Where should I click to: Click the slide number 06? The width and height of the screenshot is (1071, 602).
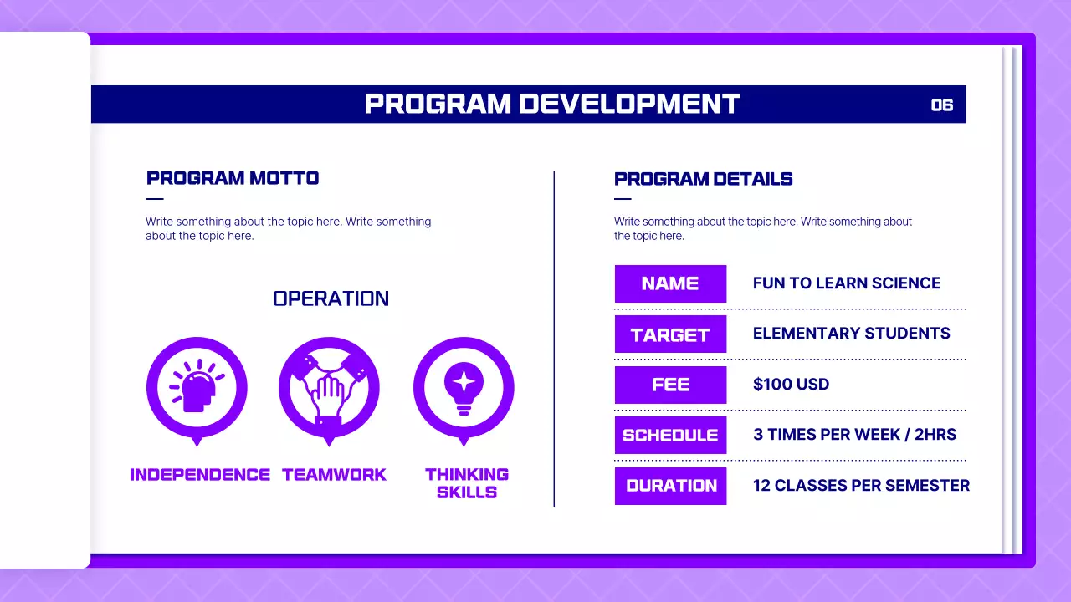click(942, 105)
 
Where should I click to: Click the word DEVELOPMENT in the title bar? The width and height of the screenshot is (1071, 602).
click(629, 104)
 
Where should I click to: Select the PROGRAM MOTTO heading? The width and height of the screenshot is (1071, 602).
click(233, 178)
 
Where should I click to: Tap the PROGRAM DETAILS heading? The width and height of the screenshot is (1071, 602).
click(703, 179)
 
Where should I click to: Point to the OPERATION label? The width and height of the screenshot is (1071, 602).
click(331, 298)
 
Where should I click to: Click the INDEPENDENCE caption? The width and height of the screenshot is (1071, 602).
click(200, 475)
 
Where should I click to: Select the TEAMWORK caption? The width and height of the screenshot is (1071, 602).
click(334, 475)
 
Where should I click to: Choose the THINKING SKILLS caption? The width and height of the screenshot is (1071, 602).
click(467, 483)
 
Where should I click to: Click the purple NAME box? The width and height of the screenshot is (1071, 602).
click(670, 283)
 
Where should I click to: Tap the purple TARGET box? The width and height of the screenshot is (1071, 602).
click(670, 334)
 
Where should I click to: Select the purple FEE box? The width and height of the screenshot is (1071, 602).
click(670, 385)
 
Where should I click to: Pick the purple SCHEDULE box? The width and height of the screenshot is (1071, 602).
click(670, 435)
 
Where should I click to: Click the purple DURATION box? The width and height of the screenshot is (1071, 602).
click(670, 486)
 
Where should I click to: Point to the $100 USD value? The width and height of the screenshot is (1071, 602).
click(791, 385)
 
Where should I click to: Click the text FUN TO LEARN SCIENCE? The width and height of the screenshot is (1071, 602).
click(846, 283)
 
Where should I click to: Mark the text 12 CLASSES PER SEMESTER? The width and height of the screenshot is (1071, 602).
click(861, 486)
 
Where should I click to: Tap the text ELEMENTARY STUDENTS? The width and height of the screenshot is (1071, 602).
click(851, 334)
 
